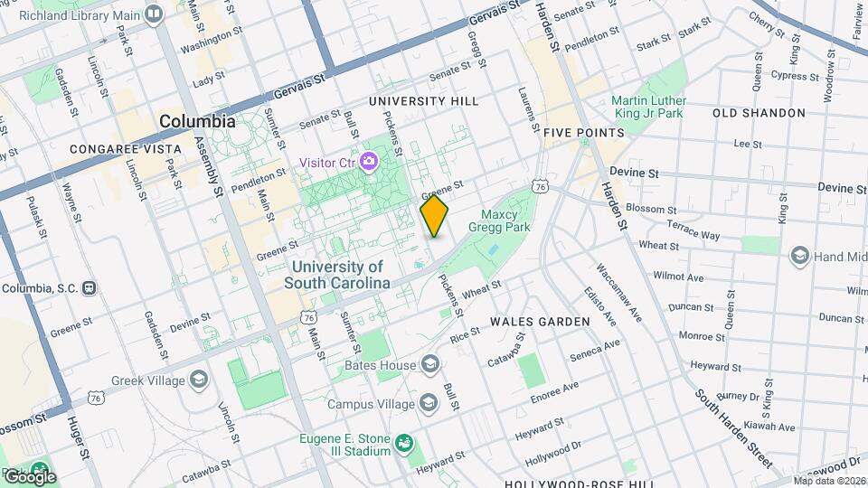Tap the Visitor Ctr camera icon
click(368, 163)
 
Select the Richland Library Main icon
click(154, 14)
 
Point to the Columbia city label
click(197, 121)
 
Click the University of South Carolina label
click(336, 275)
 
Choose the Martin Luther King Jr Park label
click(647, 108)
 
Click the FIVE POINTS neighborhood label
click(584, 133)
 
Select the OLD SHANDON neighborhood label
click(759, 113)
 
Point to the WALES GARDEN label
click(540, 322)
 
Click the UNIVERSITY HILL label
click(424, 101)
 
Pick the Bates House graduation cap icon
click(430, 365)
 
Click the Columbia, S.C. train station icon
click(89, 288)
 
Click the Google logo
click(29, 475)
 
